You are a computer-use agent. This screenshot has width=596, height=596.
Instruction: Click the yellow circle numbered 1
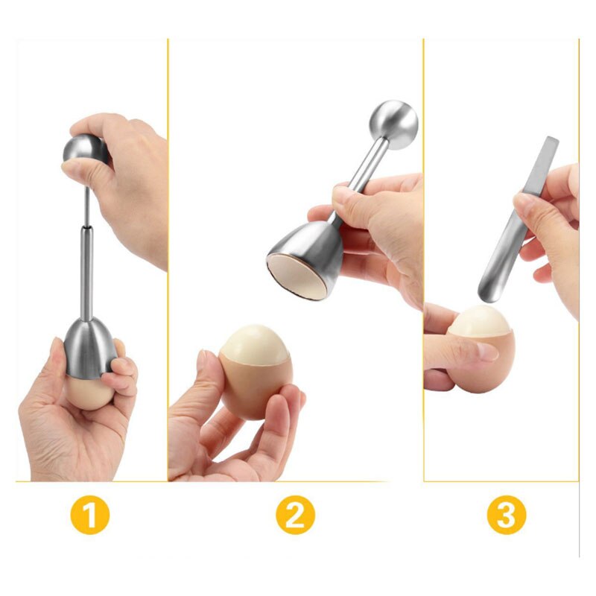(90, 515)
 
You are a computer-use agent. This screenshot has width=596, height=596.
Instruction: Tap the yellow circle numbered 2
(295, 515)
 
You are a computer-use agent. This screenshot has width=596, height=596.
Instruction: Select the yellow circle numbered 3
(507, 515)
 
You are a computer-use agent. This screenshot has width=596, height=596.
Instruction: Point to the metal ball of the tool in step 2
(393, 124)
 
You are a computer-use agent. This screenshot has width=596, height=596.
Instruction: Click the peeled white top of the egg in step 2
(256, 343)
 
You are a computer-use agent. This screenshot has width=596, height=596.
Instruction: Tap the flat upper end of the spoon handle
(552, 140)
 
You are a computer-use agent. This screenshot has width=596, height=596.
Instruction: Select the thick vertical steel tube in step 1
(86, 273)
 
